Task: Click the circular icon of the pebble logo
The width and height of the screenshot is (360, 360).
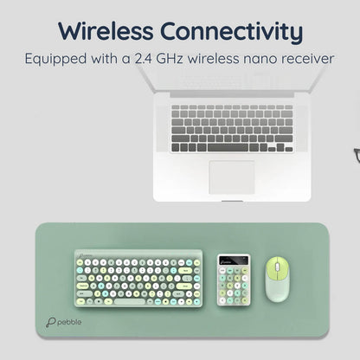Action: click(x=51, y=320)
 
